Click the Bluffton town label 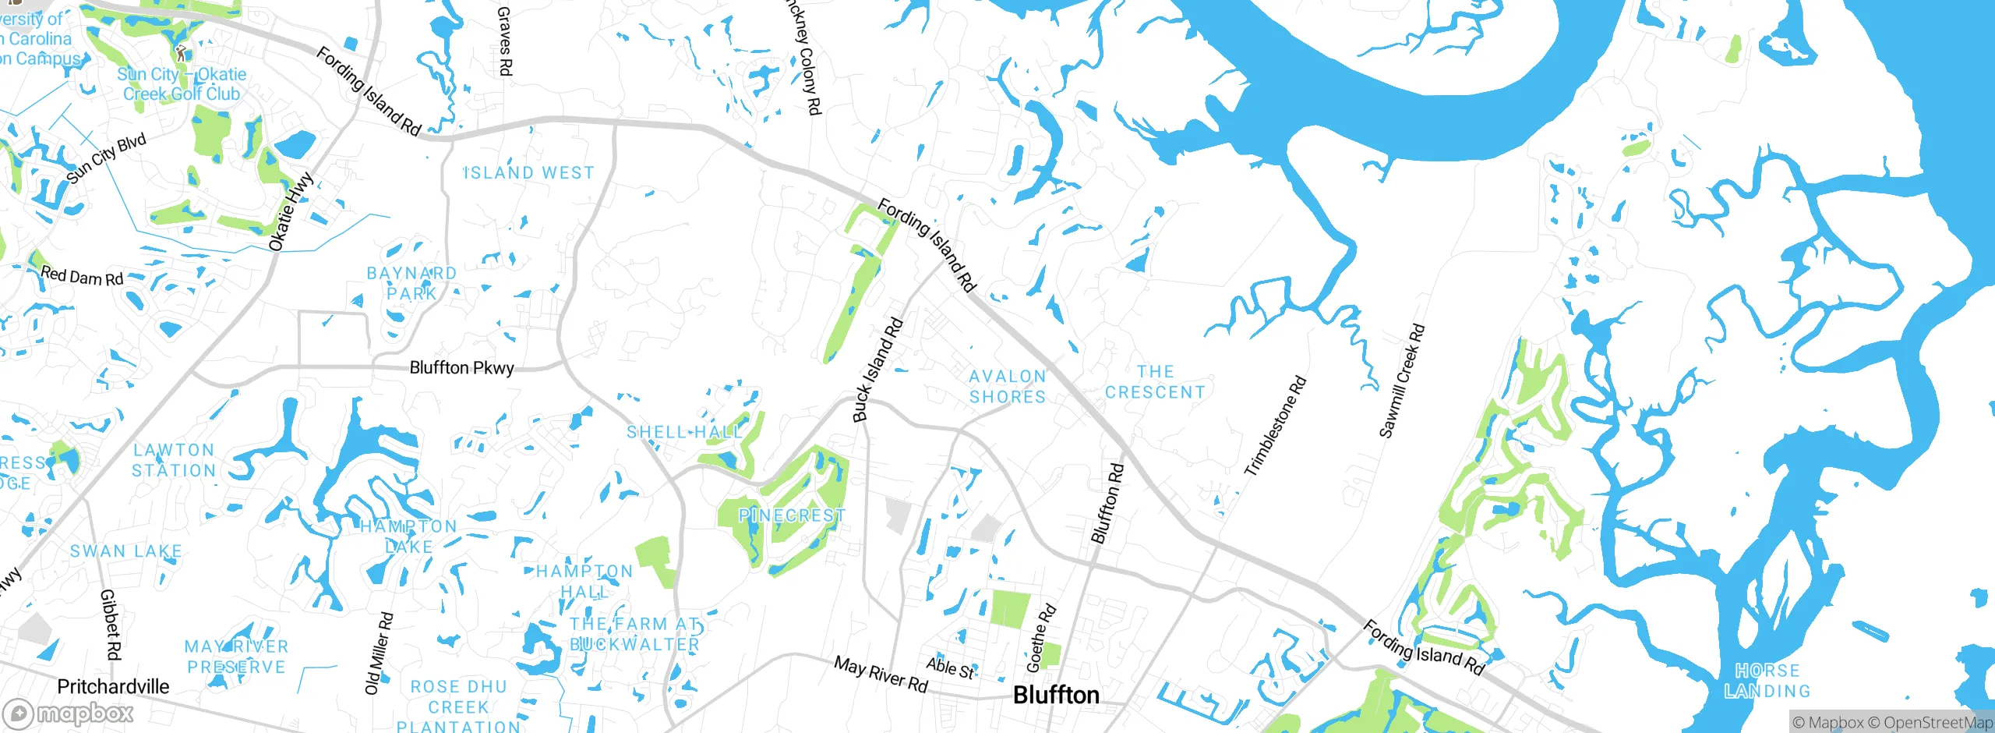1056,695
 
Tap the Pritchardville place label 113,686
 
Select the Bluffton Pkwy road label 461,367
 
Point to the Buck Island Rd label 877,370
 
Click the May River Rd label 881,674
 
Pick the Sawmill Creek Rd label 1401,381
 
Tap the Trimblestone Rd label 1275,427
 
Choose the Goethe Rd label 1041,638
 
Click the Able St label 950,667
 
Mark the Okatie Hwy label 291,211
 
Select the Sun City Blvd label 106,158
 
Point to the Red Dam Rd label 82,276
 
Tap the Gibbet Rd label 111,624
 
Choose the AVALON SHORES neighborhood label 1007,387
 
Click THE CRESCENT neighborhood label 1155,382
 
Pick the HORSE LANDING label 1767,681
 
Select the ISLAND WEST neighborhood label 529,173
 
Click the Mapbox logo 68,714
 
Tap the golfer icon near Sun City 181,53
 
